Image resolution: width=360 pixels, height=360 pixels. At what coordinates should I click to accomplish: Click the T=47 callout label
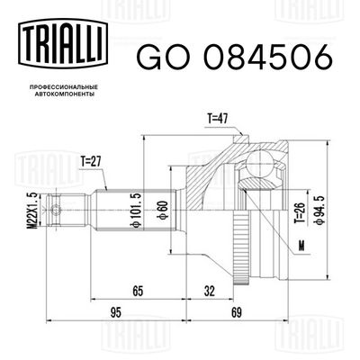point(220,118)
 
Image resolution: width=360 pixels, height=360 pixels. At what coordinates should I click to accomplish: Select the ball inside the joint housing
point(260,166)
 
